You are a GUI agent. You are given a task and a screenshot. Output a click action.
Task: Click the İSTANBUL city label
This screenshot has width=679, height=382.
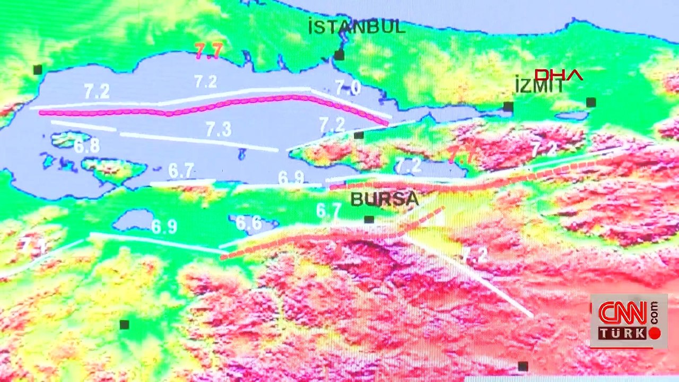click(357, 27)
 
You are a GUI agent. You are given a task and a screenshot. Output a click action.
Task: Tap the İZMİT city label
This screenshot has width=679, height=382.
click(539, 85)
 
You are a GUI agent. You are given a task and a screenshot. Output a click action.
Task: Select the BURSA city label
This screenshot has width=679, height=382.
click(385, 199)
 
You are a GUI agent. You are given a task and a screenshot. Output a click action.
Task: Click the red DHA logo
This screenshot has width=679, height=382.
click(558, 75)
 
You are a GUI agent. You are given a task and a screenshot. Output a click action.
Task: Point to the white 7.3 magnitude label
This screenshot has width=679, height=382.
click(218, 129)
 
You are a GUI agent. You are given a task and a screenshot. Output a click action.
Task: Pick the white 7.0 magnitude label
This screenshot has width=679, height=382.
click(348, 88)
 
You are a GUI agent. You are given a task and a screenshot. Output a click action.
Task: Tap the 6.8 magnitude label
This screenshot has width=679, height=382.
click(86, 146)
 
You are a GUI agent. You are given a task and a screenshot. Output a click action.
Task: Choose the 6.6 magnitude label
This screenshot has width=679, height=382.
click(248, 223)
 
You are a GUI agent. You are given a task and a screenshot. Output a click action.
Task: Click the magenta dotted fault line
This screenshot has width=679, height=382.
click(212, 106)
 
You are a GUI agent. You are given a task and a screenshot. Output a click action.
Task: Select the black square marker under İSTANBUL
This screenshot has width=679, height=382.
click(339, 55)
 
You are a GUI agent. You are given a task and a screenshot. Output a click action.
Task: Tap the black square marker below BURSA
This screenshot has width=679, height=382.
click(369, 220)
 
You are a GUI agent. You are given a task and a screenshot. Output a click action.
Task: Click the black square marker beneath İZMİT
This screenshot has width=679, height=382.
click(508, 107)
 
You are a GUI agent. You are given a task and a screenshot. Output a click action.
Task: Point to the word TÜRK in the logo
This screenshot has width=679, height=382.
click(622, 333)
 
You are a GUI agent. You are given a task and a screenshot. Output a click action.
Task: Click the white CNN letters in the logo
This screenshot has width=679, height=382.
click(622, 313)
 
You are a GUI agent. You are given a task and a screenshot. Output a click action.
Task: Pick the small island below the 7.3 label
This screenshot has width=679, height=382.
click(242, 154)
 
